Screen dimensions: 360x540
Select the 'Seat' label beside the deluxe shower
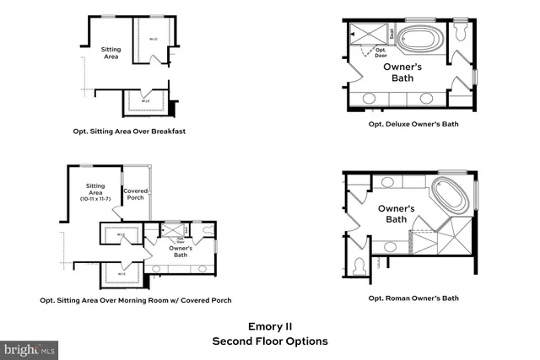[x=391, y=35]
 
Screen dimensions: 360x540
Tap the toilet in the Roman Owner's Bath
[x=359, y=266]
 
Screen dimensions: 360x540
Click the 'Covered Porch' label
[x=136, y=195]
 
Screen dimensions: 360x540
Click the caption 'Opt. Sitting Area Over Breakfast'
[x=128, y=132]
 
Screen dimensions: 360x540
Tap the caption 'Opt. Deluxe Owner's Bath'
[x=413, y=124]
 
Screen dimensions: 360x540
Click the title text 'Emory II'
[x=269, y=325]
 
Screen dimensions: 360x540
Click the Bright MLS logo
[x=30, y=348]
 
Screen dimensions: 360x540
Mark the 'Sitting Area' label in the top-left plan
[x=111, y=54]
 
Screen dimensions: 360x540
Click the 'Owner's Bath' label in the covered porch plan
[x=181, y=250]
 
